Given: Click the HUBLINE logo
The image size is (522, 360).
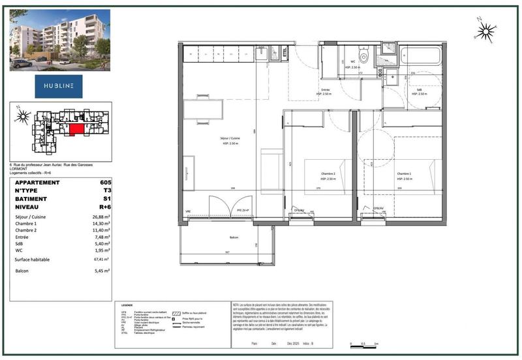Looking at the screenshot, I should [x=59, y=85].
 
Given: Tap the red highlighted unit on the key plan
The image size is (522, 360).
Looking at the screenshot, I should [x=76, y=128].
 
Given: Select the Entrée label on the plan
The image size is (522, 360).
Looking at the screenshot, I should [x=325, y=91].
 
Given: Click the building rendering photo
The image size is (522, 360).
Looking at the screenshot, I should [x=59, y=40].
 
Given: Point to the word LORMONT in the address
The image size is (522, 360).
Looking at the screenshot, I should [x=20, y=168].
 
